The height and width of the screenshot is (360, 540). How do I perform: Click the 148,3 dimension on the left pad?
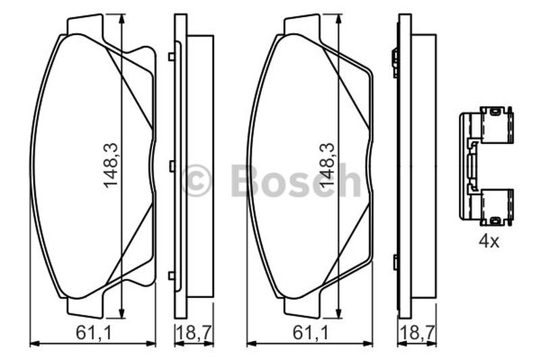[111, 165]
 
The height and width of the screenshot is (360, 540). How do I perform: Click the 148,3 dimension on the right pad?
[327, 165]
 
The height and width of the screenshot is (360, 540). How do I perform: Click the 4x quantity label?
[489, 242]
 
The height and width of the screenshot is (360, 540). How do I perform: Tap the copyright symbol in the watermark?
[196, 180]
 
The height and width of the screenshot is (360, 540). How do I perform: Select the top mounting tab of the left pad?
[85, 25]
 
